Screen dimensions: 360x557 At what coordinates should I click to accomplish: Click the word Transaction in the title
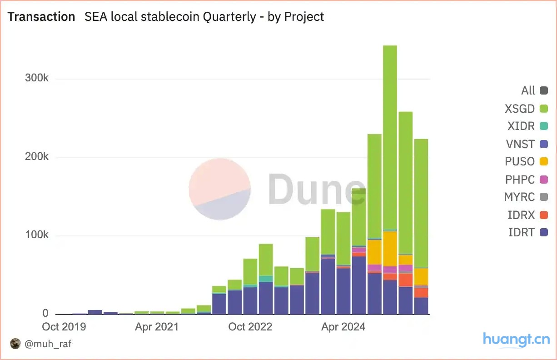coord(41,17)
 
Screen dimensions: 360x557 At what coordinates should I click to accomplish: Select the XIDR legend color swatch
coord(543,126)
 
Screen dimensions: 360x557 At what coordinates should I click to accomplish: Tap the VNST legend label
coord(520,144)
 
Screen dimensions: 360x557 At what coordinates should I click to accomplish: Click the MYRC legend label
coord(519,197)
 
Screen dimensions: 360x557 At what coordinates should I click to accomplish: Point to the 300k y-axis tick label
coord(36,78)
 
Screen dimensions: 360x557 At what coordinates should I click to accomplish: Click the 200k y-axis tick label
coord(36,157)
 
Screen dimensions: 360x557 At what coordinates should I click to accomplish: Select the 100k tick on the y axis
coord(36,235)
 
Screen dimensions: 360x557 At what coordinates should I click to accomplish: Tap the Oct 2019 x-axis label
coord(64,327)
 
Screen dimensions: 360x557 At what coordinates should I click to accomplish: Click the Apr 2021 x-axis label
coord(157,327)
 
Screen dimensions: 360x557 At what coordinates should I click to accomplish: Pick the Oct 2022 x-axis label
coord(250,327)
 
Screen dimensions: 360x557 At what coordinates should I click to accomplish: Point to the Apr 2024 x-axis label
coord(343,327)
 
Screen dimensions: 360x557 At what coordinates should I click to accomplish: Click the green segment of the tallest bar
coord(390,136)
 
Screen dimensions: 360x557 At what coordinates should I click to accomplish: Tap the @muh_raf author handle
coord(48,344)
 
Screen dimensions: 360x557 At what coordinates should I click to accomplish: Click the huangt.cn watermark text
coord(516,339)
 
